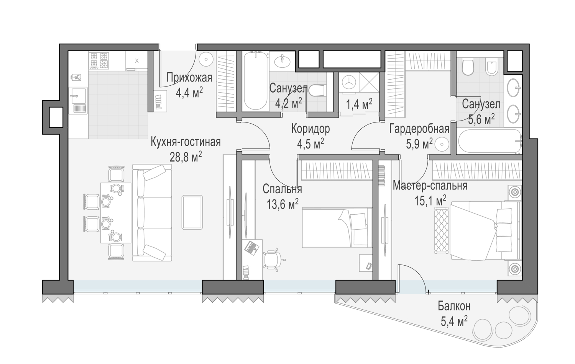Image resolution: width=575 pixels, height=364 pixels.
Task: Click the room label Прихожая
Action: click(189, 77)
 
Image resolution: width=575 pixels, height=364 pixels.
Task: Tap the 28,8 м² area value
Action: click(186, 157)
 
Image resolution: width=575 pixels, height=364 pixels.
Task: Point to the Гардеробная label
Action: click(419, 129)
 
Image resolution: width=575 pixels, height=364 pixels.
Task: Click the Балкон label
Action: click(454, 306)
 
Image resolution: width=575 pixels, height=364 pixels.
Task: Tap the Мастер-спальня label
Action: click(430, 186)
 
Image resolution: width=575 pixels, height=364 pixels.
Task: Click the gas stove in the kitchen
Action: click(99, 60)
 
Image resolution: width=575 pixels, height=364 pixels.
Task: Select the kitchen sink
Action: click(78, 100)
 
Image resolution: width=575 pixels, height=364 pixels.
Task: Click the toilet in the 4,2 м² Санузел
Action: click(317, 90)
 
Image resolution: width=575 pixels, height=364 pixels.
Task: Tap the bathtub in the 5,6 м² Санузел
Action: click(490, 142)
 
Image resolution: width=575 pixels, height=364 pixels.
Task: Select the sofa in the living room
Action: click(152, 213)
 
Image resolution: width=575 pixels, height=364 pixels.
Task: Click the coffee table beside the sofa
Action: click(192, 212)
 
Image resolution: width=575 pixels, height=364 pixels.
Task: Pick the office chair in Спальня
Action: click(273, 259)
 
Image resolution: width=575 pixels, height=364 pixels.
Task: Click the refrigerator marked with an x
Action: click(136, 60)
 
